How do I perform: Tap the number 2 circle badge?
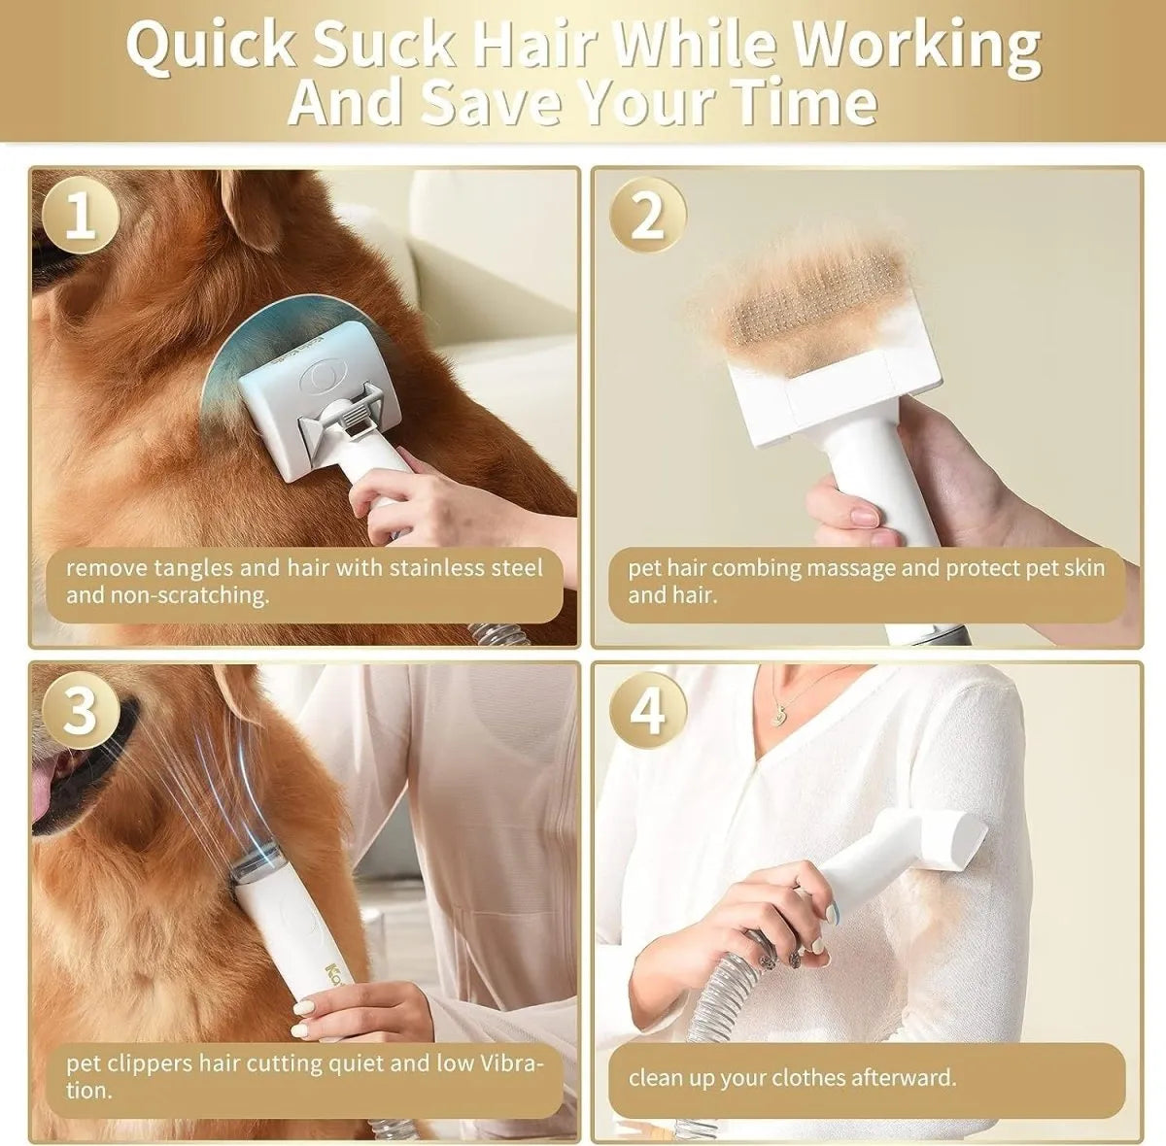(647, 217)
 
